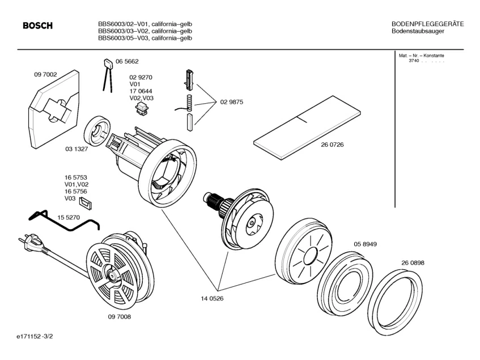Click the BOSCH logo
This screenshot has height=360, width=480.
click(37, 26)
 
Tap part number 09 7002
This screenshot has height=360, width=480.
click(46, 74)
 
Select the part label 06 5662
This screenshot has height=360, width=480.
click(127, 61)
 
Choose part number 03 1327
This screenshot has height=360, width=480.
click(77, 149)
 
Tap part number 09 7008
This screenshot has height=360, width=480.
click(119, 317)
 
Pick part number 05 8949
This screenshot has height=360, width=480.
click(366, 244)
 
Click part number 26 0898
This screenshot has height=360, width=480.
click(413, 263)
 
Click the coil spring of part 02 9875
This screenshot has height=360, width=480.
click(190, 103)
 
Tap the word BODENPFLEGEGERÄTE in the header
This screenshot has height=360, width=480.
click(427, 24)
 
